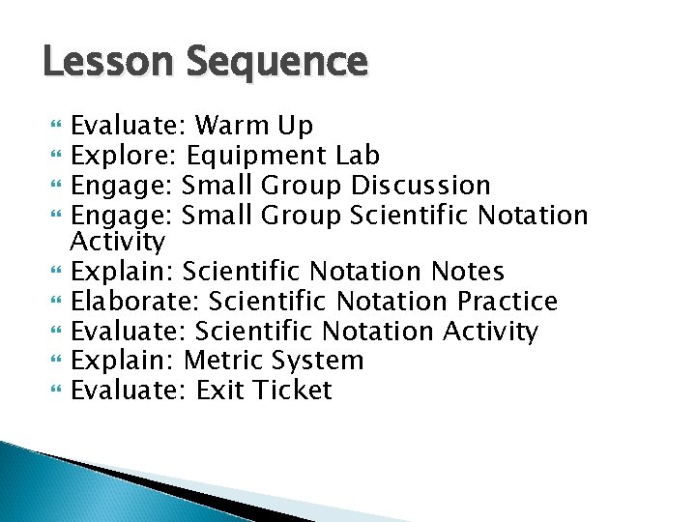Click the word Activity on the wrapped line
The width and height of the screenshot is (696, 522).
click(119, 240)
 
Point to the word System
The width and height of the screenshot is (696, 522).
click(319, 361)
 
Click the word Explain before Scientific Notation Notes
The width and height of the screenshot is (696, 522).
click(123, 273)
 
